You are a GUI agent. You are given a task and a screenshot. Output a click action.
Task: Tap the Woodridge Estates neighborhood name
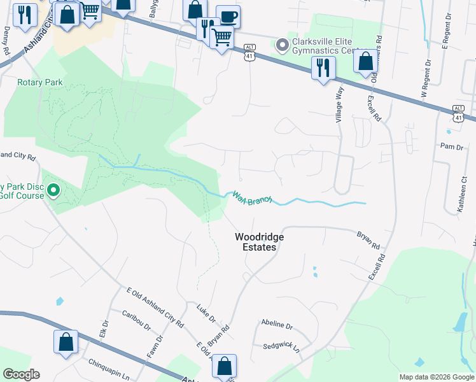click(259, 242)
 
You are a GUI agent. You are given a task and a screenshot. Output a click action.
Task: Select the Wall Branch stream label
click(252, 198)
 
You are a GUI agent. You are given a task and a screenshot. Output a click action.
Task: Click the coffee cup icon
click(228, 16)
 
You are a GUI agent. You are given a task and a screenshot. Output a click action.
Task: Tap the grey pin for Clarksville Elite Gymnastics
click(281, 45)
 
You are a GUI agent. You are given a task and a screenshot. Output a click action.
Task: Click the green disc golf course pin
click(54, 190)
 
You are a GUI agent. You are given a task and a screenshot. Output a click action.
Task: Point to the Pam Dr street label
click(452, 147)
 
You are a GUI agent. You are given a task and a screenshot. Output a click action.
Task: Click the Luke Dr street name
click(207, 314)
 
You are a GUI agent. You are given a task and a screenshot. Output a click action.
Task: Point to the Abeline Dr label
click(276, 325)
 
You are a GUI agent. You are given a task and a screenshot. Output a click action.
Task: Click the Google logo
click(21, 374)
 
